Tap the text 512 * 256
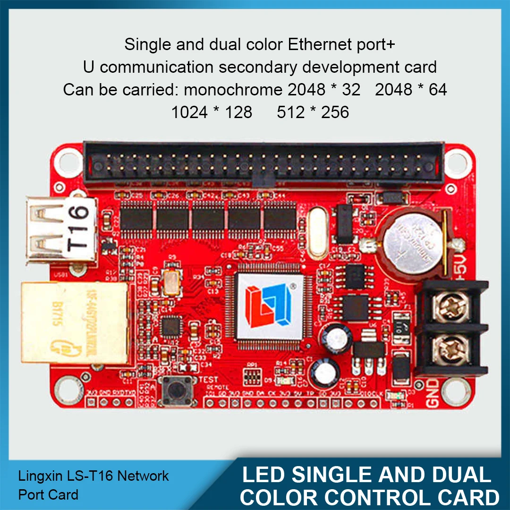[313, 112]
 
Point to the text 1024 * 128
[212, 112]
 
